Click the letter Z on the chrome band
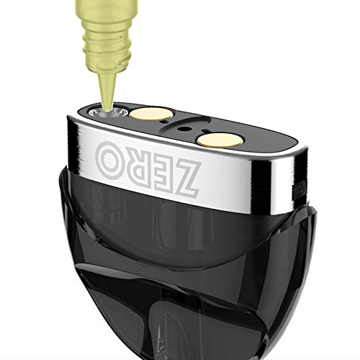point(184,177)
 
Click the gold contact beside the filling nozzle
point(150,114)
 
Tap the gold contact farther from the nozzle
point(218,140)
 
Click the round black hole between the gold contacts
point(184,129)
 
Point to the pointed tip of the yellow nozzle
point(107,109)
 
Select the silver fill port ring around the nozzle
point(107,112)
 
